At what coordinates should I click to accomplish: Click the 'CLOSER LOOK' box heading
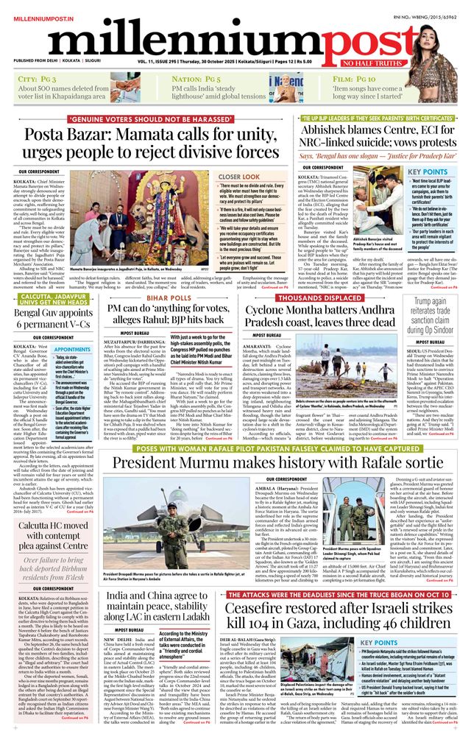tap(239, 177)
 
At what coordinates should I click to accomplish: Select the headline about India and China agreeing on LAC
tap(157, 605)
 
